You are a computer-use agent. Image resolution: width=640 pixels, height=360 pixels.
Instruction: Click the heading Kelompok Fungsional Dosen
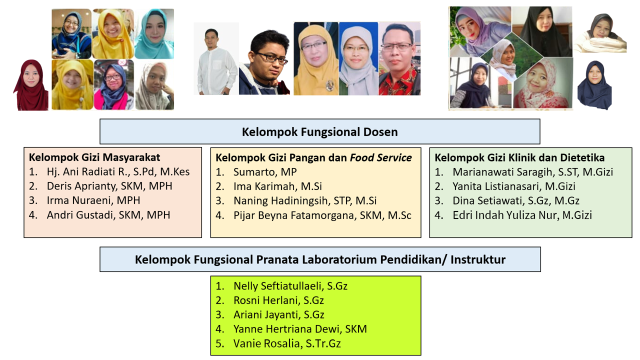[x=319, y=132]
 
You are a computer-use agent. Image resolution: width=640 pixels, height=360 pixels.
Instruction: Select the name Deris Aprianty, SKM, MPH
[x=109, y=186]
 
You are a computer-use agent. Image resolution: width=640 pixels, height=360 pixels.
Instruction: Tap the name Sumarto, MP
[x=265, y=172]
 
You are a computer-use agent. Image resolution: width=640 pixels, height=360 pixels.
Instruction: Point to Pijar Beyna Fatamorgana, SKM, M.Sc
[x=322, y=215]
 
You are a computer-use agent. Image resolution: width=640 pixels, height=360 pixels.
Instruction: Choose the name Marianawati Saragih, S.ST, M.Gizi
[x=532, y=172]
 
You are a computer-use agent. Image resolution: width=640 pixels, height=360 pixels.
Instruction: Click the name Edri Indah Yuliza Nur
[x=505, y=215]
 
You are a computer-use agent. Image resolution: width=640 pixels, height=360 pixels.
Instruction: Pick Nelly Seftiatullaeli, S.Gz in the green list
[x=290, y=286]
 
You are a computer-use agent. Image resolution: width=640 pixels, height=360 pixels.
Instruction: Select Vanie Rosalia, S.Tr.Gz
[x=287, y=343]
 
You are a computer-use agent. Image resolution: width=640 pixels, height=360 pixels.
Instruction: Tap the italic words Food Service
[x=380, y=157]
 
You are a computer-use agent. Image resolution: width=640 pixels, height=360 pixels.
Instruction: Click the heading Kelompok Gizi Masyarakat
[x=94, y=157]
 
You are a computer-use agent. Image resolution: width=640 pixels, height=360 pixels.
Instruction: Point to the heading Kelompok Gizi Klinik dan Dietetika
[x=519, y=157]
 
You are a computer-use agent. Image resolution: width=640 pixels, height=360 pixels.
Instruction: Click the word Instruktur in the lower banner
[x=478, y=259]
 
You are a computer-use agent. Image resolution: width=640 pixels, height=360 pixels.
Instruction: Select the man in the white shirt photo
[x=216, y=59]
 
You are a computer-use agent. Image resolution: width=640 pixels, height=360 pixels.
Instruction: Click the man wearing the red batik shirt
[x=399, y=59]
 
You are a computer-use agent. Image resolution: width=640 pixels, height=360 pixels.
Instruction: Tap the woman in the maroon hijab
[x=31, y=85]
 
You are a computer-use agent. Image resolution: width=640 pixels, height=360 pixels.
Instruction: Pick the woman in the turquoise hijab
[x=154, y=33]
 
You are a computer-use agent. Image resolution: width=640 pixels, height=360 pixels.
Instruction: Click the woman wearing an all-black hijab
[x=542, y=31]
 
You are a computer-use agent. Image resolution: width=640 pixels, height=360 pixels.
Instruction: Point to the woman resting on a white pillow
[x=600, y=33]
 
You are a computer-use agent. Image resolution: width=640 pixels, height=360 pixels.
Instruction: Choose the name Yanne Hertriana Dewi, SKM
[x=300, y=329]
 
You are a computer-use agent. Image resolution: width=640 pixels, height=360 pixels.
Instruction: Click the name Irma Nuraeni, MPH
[x=93, y=200]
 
